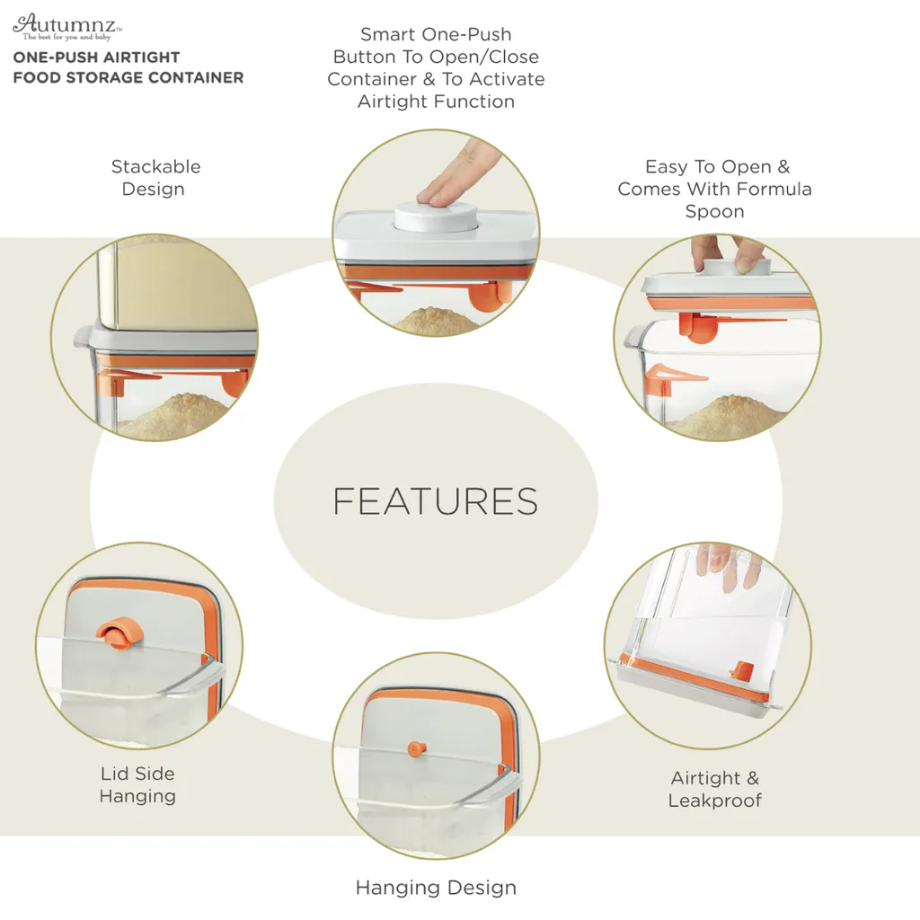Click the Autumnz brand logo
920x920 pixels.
67,27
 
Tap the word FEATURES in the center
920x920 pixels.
436,501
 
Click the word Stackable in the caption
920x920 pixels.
156,166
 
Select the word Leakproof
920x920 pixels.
714,801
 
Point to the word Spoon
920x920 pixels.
714,212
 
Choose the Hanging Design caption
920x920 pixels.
436,888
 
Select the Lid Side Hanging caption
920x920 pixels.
137,784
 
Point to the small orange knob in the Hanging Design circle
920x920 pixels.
416,749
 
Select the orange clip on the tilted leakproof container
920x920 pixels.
743,669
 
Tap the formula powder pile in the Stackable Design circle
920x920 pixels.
177,415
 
